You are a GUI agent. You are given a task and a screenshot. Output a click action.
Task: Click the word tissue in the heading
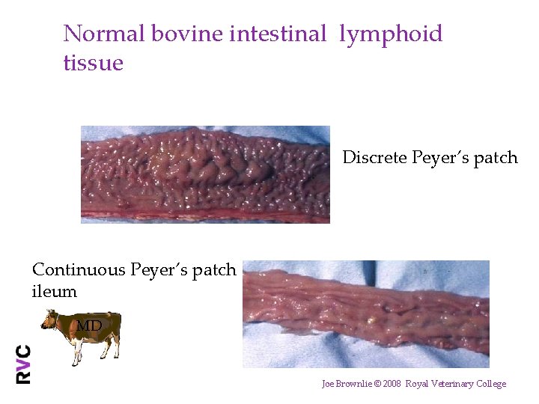coord(93,63)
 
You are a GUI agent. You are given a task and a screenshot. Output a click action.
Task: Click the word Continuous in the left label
coord(79,270)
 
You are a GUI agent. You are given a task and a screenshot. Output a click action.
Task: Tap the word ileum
coord(54,292)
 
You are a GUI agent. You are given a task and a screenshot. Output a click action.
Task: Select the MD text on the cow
coord(88,325)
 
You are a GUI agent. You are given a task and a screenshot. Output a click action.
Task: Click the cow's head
coord(50,319)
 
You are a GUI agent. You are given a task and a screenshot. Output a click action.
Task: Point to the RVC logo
coord(24,364)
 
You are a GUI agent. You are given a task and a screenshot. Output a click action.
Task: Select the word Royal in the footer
coord(416,384)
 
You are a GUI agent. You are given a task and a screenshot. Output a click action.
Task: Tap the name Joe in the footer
coord(328,384)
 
